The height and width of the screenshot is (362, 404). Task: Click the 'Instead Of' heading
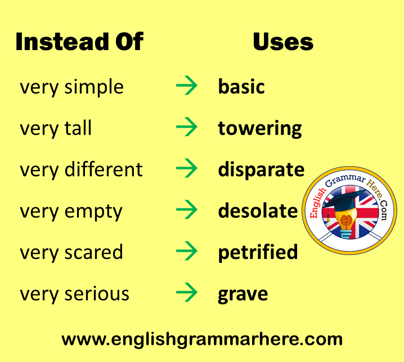click(x=79, y=42)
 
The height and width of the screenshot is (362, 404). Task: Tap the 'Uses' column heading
click(x=283, y=42)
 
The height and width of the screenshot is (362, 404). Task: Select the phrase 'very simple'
click(x=71, y=87)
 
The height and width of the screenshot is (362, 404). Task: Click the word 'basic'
click(x=241, y=86)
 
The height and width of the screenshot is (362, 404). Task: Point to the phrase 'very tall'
click(x=56, y=128)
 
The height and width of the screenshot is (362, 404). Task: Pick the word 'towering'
click(x=260, y=129)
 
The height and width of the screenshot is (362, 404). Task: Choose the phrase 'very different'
click(x=81, y=169)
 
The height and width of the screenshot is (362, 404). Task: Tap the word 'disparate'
click(x=261, y=169)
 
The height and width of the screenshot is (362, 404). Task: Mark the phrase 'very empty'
click(x=71, y=212)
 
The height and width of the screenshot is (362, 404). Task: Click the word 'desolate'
click(x=258, y=211)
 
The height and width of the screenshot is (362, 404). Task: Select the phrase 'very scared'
click(x=71, y=252)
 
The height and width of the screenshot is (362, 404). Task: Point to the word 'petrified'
click(x=258, y=253)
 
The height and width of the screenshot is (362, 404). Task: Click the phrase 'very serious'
click(x=74, y=294)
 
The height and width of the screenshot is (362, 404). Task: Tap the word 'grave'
click(x=243, y=294)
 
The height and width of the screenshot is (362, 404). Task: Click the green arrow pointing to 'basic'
click(x=187, y=86)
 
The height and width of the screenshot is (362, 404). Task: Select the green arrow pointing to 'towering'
click(x=187, y=127)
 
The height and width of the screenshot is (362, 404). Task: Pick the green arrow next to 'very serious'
click(x=187, y=292)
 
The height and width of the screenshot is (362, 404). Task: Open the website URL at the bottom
click(x=202, y=339)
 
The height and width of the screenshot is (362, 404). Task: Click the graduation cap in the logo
click(x=344, y=200)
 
